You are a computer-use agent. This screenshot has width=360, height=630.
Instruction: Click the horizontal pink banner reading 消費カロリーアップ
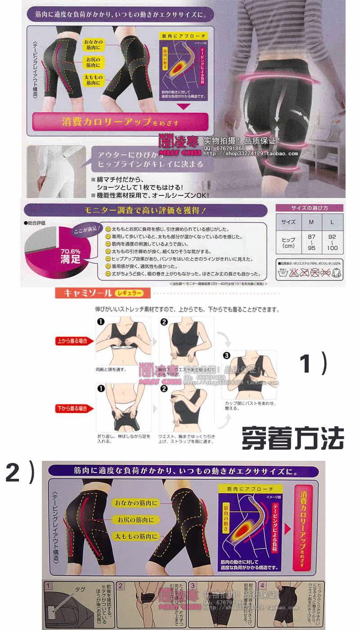click(120, 122)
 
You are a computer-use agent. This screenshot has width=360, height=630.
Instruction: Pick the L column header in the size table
click(332, 222)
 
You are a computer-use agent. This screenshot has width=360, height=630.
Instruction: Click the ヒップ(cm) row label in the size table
click(288, 243)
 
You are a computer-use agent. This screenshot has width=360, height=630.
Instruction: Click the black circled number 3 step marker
click(226, 355)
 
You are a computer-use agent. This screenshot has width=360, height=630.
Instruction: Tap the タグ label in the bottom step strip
click(80, 589)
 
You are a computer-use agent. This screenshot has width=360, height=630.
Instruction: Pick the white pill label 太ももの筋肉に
click(135, 536)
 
